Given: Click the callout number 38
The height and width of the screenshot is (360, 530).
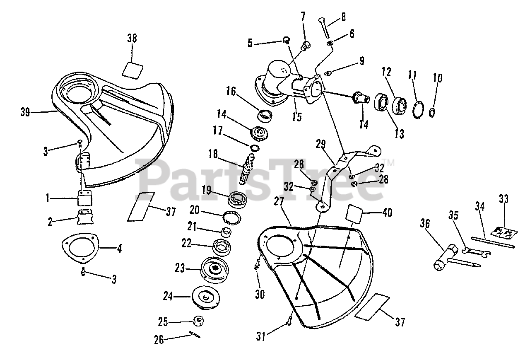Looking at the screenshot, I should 132,39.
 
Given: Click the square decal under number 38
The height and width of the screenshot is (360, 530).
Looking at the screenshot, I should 133,69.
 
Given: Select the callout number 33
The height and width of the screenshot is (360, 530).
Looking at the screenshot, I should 503,199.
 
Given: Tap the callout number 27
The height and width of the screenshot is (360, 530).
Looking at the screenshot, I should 279,201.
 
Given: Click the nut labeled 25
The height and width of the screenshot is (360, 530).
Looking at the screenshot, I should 198,321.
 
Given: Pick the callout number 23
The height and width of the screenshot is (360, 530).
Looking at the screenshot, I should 179,268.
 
